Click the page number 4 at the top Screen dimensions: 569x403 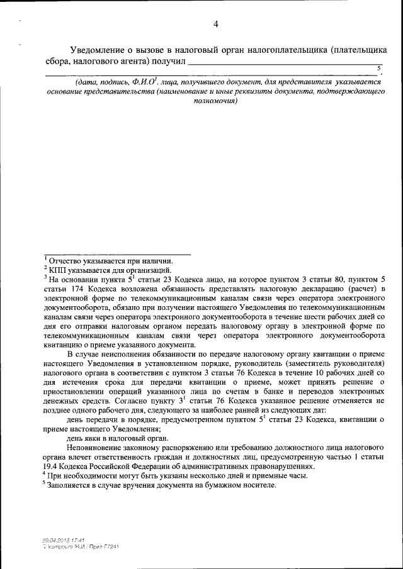[x=215, y=25]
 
